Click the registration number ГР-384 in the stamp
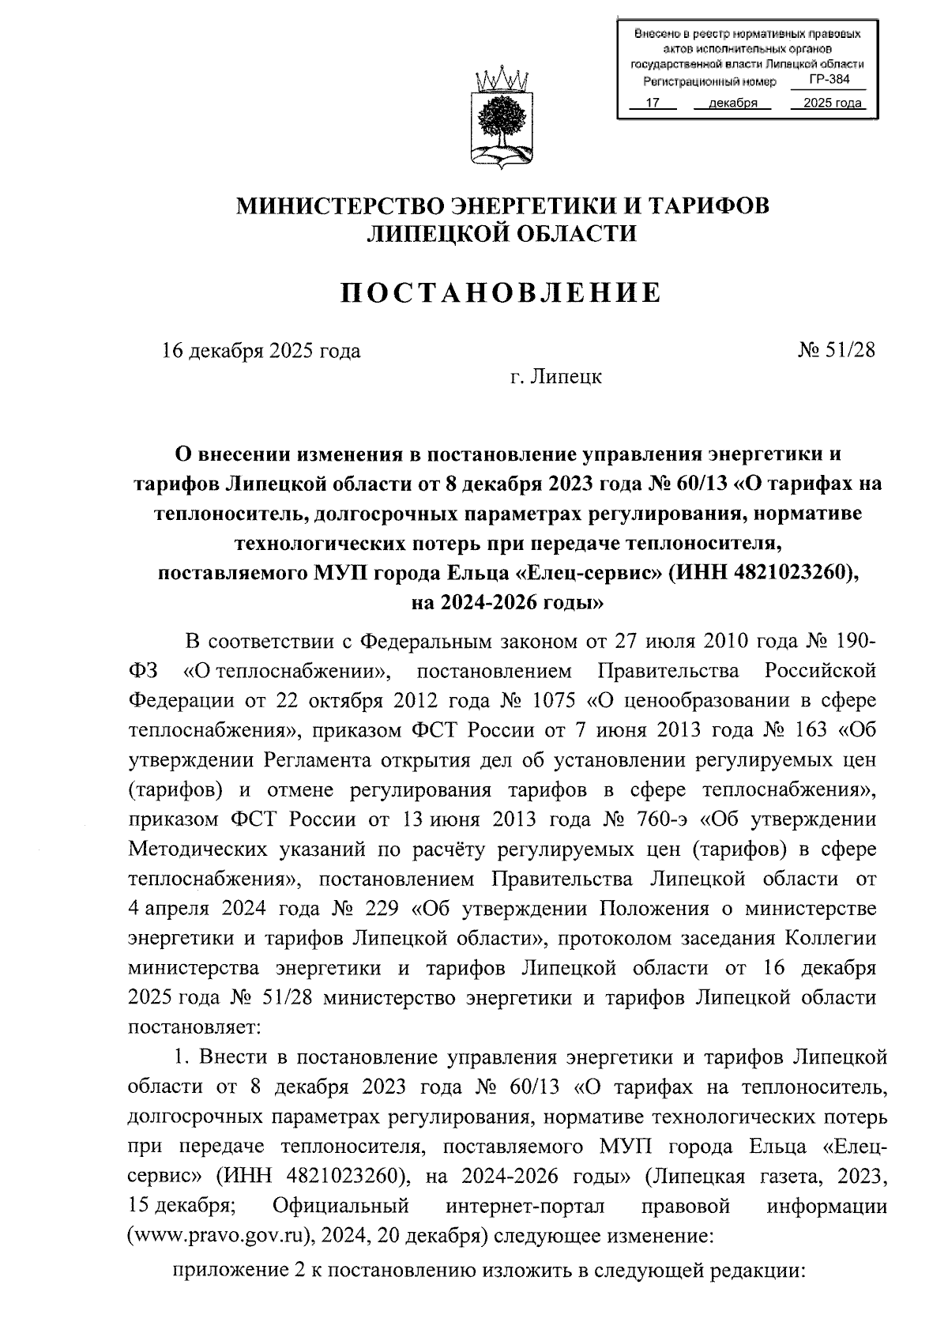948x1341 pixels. (829, 79)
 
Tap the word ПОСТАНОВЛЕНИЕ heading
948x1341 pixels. (501, 293)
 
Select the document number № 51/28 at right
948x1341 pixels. (837, 350)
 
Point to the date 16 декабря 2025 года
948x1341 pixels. (261, 351)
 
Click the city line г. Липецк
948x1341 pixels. (555, 377)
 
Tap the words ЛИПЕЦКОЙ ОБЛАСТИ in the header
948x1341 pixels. (502, 234)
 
